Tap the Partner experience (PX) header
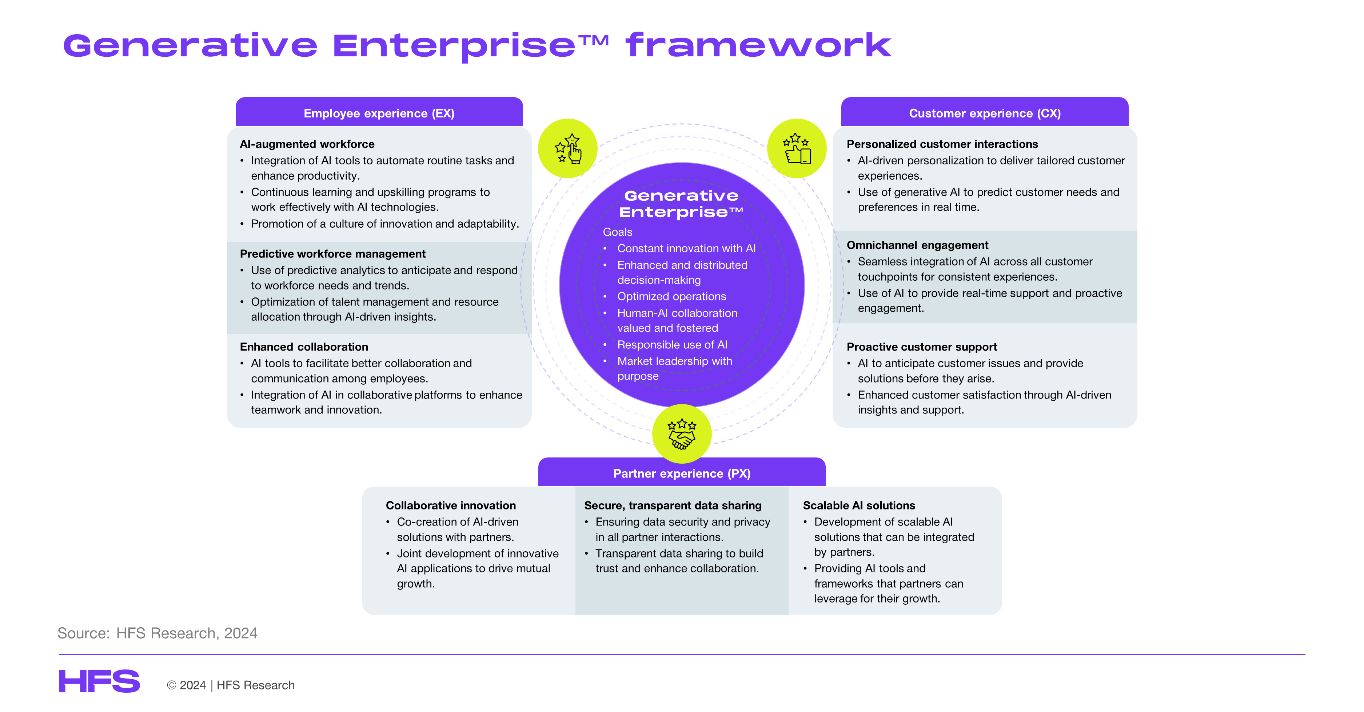(x=682, y=473)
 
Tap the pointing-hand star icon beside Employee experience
(x=568, y=148)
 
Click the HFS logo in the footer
(x=99, y=681)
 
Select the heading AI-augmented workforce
(x=307, y=144)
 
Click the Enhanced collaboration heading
(x=304, y=347)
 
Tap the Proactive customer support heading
(x=922, y=347)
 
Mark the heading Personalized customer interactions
(x=942, y=144)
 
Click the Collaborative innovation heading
(x=451, y=505)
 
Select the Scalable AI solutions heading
(x=859, y=505)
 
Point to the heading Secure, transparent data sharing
(x=673, y=505)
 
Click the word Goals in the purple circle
(x=617, y=232)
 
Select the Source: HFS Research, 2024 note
(x=157, y=633)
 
